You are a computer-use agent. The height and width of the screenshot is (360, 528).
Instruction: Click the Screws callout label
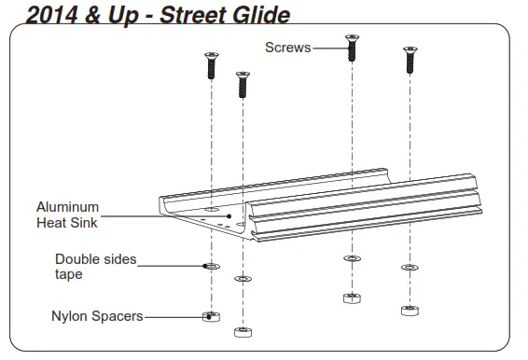287,48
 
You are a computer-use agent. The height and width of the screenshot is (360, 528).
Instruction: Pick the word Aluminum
67,207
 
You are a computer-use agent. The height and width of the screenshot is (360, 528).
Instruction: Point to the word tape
68,274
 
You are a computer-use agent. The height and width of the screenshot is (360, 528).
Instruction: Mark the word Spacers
117,316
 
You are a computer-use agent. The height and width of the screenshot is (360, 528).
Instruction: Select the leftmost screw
209,66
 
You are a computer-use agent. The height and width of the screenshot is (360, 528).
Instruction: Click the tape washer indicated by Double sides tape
211,267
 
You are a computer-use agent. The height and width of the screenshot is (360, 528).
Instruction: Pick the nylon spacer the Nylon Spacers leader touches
211,315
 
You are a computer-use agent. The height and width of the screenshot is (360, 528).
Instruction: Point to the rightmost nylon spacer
408,309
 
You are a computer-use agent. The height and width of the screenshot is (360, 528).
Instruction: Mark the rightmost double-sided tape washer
408,267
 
